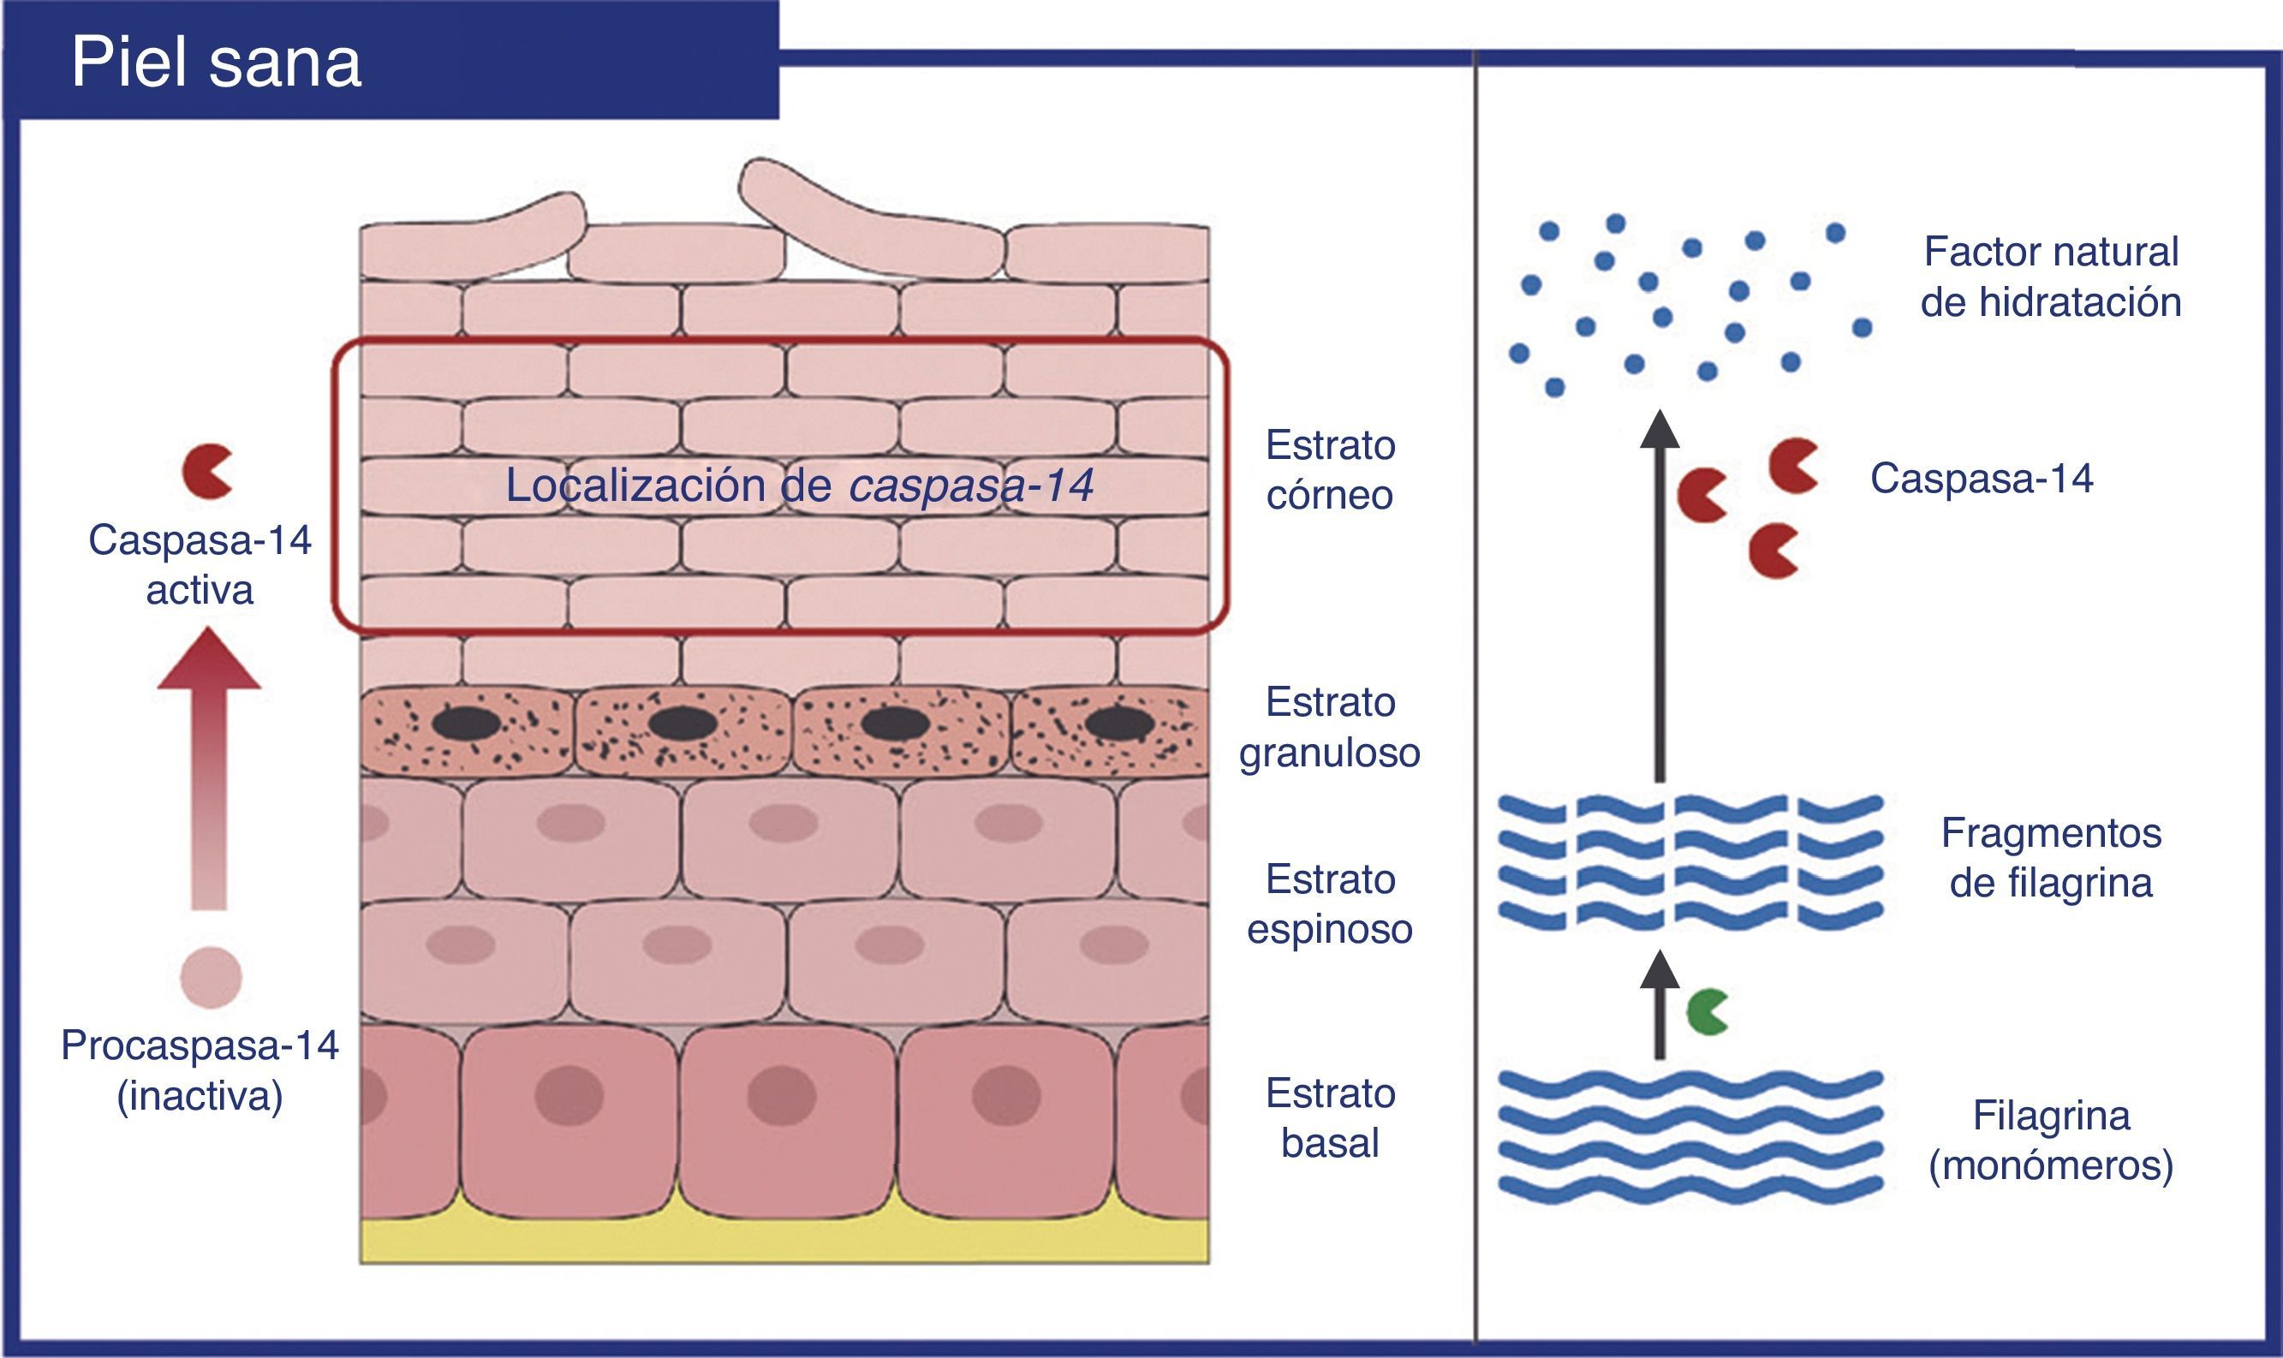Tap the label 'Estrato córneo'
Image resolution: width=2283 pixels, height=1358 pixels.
[1330, 470]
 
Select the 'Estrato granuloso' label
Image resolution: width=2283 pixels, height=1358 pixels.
[1330, 728]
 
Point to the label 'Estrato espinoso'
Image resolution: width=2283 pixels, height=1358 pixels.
[1330, 904]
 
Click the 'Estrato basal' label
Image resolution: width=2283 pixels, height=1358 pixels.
[1330, 1118]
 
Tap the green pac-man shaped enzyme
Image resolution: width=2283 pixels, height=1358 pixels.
[1706, 1012]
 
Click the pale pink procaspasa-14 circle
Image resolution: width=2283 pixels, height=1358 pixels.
[212, 977]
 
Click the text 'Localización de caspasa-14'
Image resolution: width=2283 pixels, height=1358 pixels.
[799, 485]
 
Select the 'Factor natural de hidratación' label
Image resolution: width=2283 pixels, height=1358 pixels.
[2051, 277]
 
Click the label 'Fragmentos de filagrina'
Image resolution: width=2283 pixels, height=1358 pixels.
[2051, 858]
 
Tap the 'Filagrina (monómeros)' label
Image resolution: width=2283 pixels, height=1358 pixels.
[2051, 1141]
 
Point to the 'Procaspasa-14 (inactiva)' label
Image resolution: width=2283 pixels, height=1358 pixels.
[200, 1069]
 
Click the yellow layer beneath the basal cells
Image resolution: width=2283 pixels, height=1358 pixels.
[784, 1242]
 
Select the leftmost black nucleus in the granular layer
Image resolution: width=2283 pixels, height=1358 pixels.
[466, 724]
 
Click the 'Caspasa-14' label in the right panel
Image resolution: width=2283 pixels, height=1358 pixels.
[1981, 479]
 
